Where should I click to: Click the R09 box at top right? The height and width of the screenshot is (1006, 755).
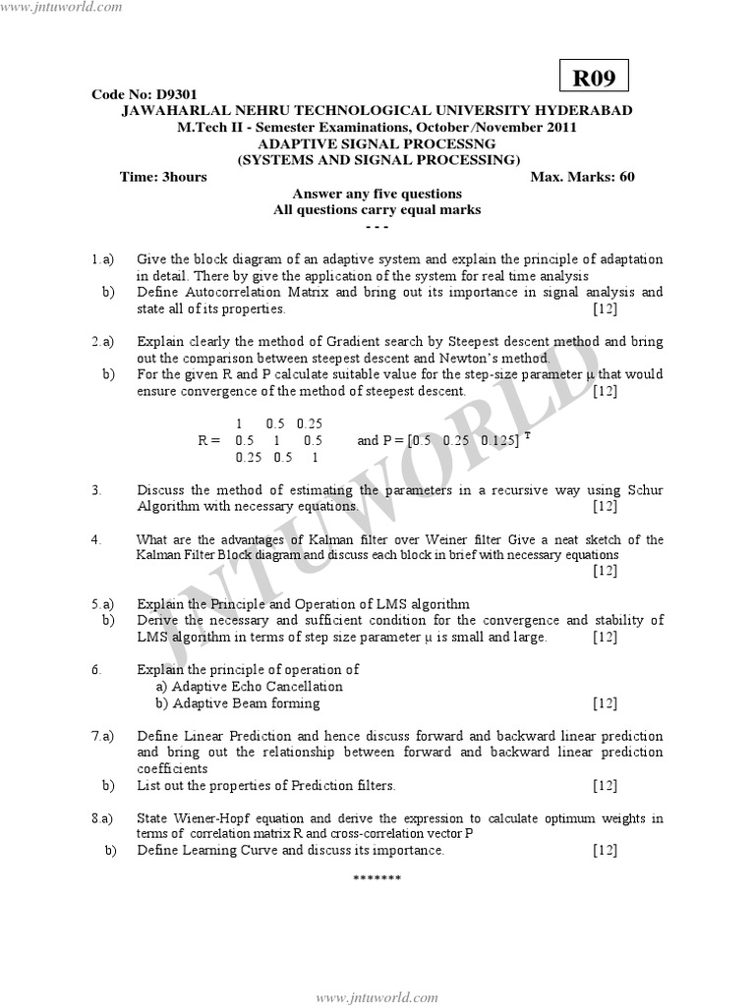594,76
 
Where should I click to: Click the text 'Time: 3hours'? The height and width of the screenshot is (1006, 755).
163,177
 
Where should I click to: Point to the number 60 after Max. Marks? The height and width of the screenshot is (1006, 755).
626,177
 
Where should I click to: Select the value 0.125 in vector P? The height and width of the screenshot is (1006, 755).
499,441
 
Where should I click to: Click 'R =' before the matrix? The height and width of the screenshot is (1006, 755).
209,441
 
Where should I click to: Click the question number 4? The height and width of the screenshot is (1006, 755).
95,539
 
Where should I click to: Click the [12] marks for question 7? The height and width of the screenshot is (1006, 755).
605,785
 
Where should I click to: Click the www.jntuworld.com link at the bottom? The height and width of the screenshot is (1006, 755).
377,997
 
